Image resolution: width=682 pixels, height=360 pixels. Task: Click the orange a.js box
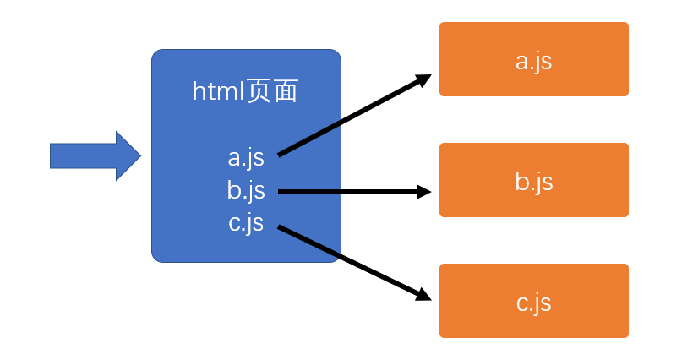(x=533, y=59)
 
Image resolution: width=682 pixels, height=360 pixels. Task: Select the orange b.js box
(x=533, y=179)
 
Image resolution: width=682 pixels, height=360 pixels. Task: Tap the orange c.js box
(x=533, y=301)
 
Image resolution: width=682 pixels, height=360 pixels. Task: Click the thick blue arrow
(x=95, y=155)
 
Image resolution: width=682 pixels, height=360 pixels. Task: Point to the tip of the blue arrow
(x=141, y=155)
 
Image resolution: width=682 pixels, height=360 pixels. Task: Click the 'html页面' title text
(x=245, y=91)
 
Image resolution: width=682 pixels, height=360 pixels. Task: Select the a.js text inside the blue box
(x=246, y=158)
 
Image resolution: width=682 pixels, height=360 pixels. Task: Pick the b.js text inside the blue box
(x=246, y=190)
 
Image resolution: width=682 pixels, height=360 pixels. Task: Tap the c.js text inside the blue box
(x=246, y=223)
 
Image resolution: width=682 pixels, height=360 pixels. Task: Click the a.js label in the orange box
(x=533, y=62)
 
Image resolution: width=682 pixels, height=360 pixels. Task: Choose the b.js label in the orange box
(x=533, y=182)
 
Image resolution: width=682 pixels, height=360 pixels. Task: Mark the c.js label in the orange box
(x=533, y=303)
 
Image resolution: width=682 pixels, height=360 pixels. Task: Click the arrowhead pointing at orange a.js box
(x=423, y=79)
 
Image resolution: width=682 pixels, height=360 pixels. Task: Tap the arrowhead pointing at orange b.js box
(x=423, y=192)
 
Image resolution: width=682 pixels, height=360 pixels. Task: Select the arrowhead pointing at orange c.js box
(x=423, y=295)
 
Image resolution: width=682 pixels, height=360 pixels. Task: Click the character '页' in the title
(x=260, y=91)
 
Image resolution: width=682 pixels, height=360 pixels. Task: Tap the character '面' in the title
(x=286, y=91)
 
